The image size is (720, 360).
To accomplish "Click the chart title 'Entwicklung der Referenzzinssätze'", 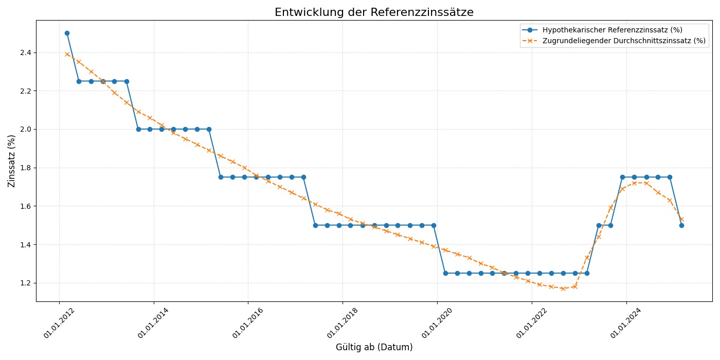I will tap(374, 12).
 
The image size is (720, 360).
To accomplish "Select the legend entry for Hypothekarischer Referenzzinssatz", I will tap(612, 30).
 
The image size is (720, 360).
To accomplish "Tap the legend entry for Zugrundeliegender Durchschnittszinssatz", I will tap(624, 41).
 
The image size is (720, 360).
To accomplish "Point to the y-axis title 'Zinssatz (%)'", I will tap(11, 161).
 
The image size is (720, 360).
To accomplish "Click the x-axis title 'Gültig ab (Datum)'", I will tap(374, 347).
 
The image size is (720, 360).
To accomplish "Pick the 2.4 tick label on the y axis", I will tap(25, 52).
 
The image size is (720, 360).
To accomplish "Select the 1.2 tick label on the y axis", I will tap(25, 283).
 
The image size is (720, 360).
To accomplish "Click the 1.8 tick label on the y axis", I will tap(25, 168).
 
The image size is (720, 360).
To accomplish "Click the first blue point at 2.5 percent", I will tap(67, 33).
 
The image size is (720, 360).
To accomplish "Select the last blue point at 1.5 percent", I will tap(681, 225).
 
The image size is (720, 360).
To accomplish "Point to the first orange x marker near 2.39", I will tap(67, 54).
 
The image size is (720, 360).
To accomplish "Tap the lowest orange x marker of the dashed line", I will tap(563, 289).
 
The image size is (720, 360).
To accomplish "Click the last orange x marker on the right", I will tap(681, 220).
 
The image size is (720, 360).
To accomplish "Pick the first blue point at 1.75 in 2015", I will tap(221, 177).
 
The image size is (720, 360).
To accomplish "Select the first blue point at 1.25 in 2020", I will tap(445, 273).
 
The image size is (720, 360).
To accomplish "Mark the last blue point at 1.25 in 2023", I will tap(587, 273).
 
